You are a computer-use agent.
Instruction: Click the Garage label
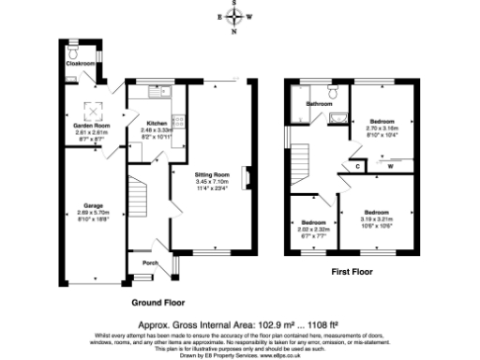click(92, 204)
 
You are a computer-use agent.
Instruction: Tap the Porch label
click(149, 263)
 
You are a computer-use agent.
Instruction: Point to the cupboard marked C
click(358, 166)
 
